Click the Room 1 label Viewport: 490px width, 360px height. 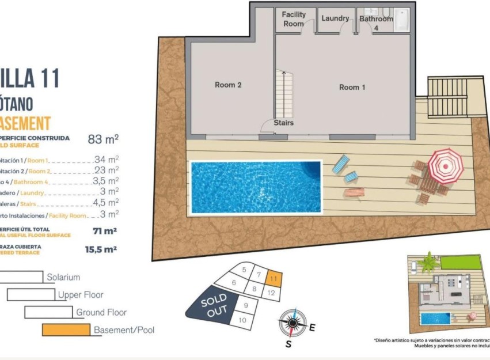(352, 87)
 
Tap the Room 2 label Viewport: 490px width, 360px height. (228, 85)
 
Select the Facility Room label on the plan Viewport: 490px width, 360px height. (294, 19)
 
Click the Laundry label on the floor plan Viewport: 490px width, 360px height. (335, 18)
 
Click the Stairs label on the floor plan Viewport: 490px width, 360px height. (283, 123)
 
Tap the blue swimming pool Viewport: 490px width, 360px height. (256, 187)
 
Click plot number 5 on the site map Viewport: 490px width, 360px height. (244, 270)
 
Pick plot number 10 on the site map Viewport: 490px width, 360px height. (242, 320)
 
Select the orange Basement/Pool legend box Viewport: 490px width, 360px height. (66, 330)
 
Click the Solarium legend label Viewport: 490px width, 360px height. (63, 277)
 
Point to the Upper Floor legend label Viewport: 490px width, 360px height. (81, 295)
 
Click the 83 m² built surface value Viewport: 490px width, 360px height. (103, 139)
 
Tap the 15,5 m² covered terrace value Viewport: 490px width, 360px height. (101, 249)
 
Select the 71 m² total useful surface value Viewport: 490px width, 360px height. (105, 232)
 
